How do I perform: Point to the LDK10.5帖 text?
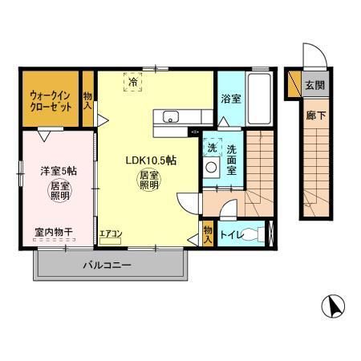tap(150, 160)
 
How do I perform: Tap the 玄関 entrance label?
tap(314, 84)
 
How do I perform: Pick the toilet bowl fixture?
tap(254, 233)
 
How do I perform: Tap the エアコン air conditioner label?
tap(110, 233)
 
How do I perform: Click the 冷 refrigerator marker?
tap(130, 80)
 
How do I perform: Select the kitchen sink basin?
tap(171, 118)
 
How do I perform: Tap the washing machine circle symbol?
tap(212, 167)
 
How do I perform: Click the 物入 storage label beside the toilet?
tap(207, 233)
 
